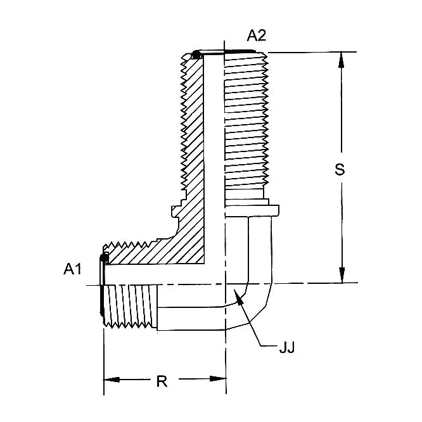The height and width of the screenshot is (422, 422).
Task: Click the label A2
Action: [x=257, y=36]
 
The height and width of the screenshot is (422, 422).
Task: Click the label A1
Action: [x=73, y=269]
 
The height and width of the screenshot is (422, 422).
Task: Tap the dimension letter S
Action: [x=340, y=169]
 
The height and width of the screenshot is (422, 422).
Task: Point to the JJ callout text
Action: [x=287, y=347]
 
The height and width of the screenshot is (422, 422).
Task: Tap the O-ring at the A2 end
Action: [x=198, y=54]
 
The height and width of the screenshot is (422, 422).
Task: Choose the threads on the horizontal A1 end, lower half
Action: [x=130, y=307]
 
